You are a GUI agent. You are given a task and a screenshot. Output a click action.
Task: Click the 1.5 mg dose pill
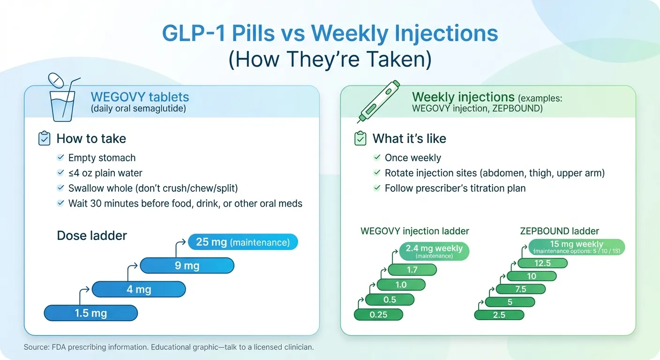[x=90, y=313]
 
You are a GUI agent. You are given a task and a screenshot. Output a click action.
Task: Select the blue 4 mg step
[x=139, y=289]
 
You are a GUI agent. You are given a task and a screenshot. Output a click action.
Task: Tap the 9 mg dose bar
[x=187, y=266]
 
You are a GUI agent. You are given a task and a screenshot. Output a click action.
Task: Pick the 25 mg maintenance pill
[x=243, y=242]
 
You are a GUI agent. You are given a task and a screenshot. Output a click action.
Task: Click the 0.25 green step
[x=378, y=315]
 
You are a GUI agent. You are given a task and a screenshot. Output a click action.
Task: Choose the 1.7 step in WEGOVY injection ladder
[x=412, y=270]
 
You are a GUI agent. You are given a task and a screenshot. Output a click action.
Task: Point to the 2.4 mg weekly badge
[x=435, y=251]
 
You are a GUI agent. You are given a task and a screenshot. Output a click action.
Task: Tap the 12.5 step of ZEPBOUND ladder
[x=542, y=263]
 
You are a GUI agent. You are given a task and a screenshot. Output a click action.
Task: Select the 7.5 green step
[x=520, y=289]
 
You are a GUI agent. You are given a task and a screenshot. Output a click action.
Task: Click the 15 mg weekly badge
[x=577, y=247]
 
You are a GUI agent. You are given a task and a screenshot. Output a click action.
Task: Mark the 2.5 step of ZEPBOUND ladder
[x=499, y=315]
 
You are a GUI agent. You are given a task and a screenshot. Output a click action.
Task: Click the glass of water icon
[x=62, y=101]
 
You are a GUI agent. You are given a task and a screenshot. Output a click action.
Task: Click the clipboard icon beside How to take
[x=44, y=139]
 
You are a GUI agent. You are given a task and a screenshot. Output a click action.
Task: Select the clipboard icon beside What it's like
[x=360, y=139]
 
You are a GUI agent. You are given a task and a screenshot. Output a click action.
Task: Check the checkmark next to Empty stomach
[x=60, y=157]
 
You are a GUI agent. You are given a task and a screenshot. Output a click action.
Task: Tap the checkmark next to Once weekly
[x=376, y=158]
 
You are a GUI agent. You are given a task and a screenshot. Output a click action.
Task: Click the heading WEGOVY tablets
[x=140, y=97]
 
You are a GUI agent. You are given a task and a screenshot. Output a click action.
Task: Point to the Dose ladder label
[x=92, y=235]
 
